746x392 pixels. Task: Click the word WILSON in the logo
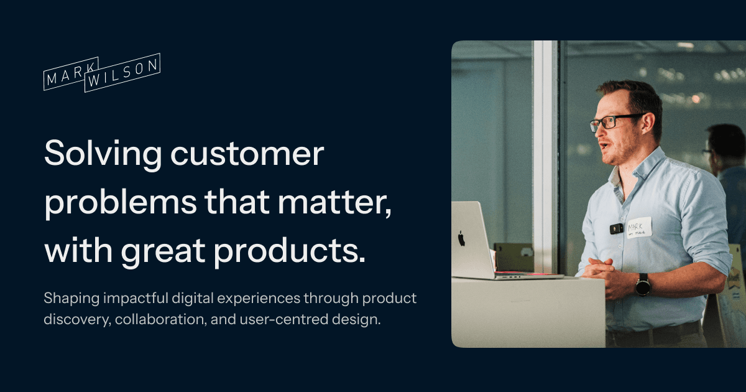click(123, 73)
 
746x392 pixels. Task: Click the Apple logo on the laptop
click(461, 238)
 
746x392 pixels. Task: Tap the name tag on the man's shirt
click(638, 226)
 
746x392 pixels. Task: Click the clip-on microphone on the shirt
click(616, 228)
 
